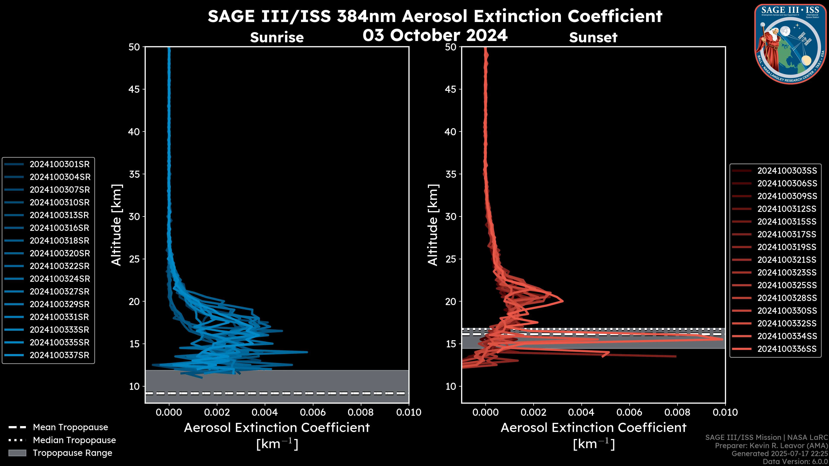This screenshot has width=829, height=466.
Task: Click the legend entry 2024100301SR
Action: (x=60, y=164)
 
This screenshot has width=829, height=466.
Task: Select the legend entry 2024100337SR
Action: (x=60, y=355)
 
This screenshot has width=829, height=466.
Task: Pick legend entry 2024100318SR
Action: (x=60, y=241)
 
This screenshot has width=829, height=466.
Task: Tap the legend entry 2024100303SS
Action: (x=787, y=171)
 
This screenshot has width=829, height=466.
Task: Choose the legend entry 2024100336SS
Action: (x=787, y=349)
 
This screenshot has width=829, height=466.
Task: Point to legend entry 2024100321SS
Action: (x=787, y=260)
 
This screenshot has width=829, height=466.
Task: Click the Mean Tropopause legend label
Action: (x=70, y=427)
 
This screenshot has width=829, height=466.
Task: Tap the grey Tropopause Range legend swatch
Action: (x=17, y=453)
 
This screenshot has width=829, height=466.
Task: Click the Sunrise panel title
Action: (x=277, y=38)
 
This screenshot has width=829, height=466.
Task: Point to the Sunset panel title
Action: (x=593, y=38)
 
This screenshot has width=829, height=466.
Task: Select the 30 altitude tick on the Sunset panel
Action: (x=451, y=217)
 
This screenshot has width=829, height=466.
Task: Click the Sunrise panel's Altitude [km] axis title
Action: (x=117, y=225)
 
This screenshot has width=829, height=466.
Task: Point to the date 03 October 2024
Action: (x=435, y=35)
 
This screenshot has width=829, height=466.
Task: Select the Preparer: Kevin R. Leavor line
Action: (x=771, y=446)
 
